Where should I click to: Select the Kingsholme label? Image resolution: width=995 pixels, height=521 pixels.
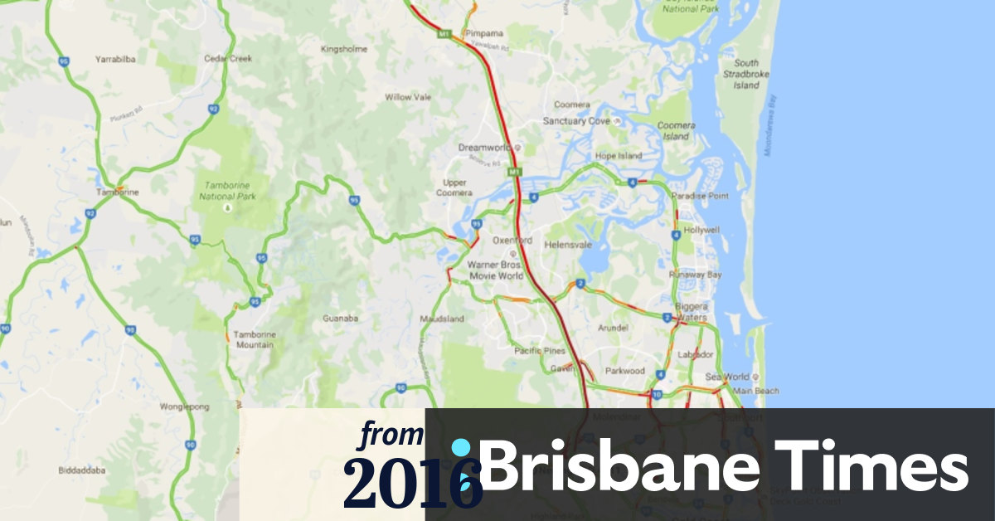pos(343,50)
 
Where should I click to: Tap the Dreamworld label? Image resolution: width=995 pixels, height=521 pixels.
pos(484,148)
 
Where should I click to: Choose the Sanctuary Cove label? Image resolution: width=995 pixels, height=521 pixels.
pos(575,121)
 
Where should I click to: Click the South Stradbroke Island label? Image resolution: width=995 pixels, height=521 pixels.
pos(745,74)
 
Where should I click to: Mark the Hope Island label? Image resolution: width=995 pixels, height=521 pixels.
pos(619,156)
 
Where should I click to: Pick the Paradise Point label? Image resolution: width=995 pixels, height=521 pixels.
pos(700,196)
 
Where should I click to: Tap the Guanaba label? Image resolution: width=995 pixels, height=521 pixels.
pos(340,318)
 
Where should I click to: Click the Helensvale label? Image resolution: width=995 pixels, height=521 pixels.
pos(565,246)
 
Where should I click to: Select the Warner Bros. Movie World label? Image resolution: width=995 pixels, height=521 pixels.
pos(497,269)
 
